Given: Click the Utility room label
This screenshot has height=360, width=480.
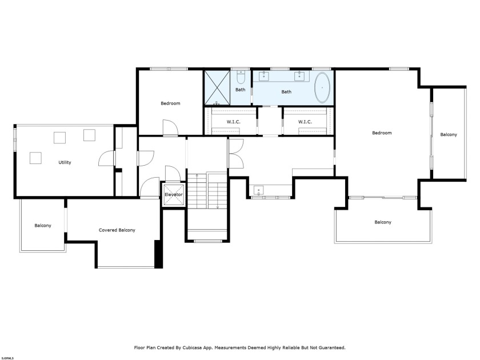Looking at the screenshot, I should pos(65,162).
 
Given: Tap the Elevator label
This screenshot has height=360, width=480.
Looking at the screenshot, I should pos(173,195).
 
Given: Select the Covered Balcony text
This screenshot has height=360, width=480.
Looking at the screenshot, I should pos(117,230).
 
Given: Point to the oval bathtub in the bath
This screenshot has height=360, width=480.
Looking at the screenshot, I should pos(322,88).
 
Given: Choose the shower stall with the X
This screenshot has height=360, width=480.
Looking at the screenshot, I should pos(218,87).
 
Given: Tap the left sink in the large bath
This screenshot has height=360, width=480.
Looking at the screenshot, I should pos(265,76).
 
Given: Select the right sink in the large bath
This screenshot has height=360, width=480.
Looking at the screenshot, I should pos(299,76).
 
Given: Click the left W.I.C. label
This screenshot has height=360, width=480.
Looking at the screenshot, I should pos(233,121).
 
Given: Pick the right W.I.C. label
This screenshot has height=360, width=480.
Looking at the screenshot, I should pos(305,121).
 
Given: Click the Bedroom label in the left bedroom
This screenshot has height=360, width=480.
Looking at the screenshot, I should pos(170,103).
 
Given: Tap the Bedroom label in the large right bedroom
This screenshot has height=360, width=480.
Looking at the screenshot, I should pos(382,133).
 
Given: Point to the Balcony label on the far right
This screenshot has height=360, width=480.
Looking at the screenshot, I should pos(449,135).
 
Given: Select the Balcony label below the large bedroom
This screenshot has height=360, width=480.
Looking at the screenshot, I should pos(383,222).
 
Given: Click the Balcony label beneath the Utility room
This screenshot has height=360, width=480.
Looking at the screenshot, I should pos(42,226).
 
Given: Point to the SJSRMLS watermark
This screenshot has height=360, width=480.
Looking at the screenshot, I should pos(8,358).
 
